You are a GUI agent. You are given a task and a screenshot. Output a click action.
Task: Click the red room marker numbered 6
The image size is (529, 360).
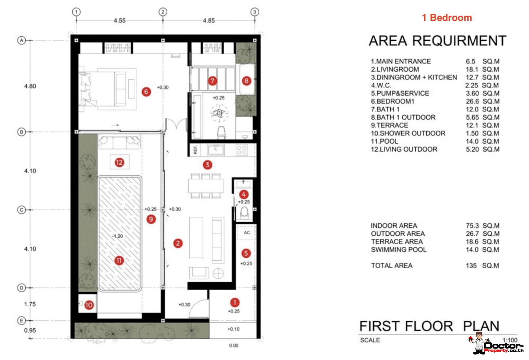[146, 92]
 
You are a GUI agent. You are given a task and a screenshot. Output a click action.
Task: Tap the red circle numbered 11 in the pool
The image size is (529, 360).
[119, 260]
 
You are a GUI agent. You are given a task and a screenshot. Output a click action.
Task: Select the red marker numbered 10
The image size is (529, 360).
[89, 305]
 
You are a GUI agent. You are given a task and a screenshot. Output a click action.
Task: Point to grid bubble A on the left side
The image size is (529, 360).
[21, 40]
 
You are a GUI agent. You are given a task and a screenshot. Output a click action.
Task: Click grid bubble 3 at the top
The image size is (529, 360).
[255, 12]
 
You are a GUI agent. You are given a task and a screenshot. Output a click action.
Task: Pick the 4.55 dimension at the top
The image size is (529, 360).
[120, 21]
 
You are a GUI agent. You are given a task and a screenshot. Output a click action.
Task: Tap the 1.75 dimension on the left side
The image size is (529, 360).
[30, 304]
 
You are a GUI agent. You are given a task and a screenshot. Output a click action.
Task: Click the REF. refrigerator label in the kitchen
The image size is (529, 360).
[195, 150]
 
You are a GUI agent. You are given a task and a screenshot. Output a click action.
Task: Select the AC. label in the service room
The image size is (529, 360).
[247, 233]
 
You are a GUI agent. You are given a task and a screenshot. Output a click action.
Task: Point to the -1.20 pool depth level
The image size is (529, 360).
[118, 236]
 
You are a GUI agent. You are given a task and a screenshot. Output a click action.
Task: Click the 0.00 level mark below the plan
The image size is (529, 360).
[234, 345]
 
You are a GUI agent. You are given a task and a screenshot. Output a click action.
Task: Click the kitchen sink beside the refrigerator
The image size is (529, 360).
[216, 150]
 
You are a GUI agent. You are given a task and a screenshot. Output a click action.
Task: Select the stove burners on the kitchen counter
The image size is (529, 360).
[242, 150]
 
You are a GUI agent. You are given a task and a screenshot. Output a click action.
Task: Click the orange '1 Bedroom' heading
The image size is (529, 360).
[447, 18]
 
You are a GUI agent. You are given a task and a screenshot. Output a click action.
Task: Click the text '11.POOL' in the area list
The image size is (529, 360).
[385, 141]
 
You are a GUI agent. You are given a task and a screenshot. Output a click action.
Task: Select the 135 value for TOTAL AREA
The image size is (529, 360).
[471, 266]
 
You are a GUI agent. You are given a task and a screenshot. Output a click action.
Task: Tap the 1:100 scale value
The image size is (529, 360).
[510, 340]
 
